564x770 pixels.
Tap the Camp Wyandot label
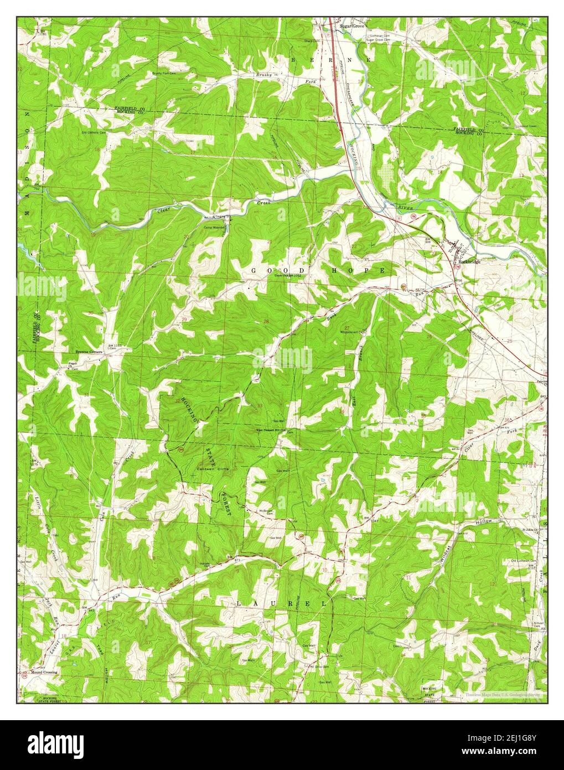tap(215, 227)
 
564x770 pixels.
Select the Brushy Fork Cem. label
tap(164, 73)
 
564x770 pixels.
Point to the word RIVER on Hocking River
tap(405, 206)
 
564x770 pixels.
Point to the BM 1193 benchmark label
tap(116, 345)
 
